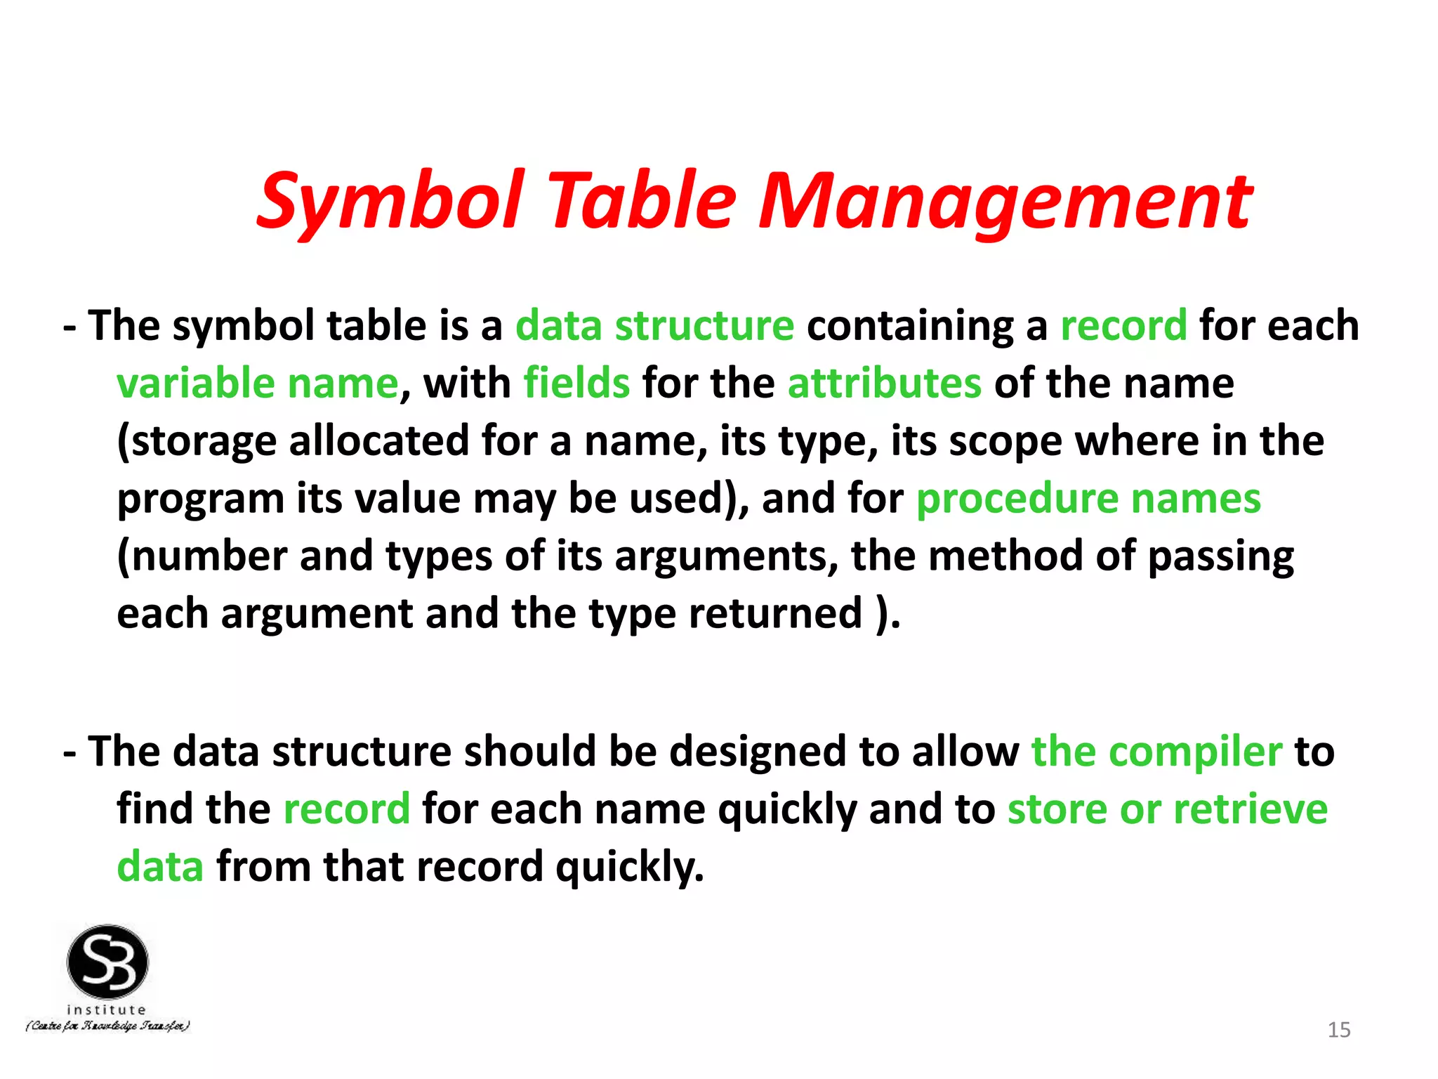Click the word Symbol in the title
click(390, 202)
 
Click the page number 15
click(1339, 1030)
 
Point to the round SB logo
click(107, 962)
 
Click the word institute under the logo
click(107, 1009)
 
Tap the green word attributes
click(884, 384)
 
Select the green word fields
click(576, 384)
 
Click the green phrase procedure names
click(1088, 499)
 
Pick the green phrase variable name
click(258, 384)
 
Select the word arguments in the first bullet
click(726, 556)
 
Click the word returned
click(775, 614)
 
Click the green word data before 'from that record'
click(160, 867)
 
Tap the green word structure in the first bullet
click(704, 326)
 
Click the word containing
click(911, 326)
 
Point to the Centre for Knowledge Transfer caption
click(107, 1026)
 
